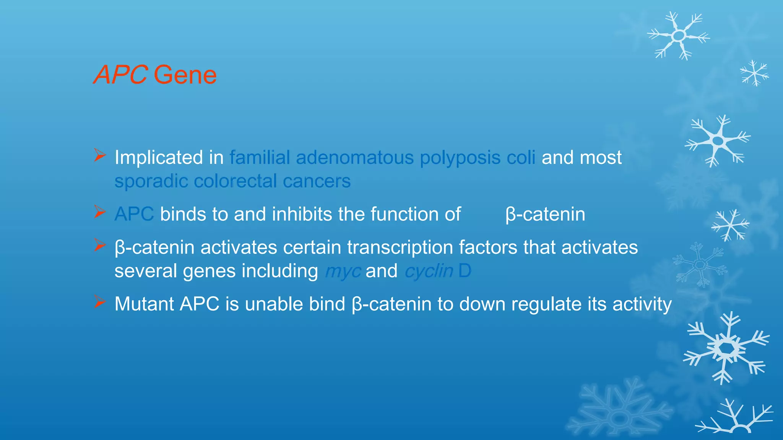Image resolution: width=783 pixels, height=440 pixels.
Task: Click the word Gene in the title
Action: coord(185,75)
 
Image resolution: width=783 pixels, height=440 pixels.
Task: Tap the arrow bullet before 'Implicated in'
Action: coord(100,155)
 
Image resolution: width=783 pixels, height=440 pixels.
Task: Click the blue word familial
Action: coord(260,157)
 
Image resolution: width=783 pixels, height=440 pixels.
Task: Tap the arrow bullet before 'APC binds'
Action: coord(100,212)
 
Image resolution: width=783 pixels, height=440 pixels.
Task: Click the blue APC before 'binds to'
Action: coord(134,214)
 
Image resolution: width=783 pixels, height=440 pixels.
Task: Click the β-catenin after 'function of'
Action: coord(545,214)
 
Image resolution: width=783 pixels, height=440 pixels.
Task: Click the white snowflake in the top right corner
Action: coord(679,36)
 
